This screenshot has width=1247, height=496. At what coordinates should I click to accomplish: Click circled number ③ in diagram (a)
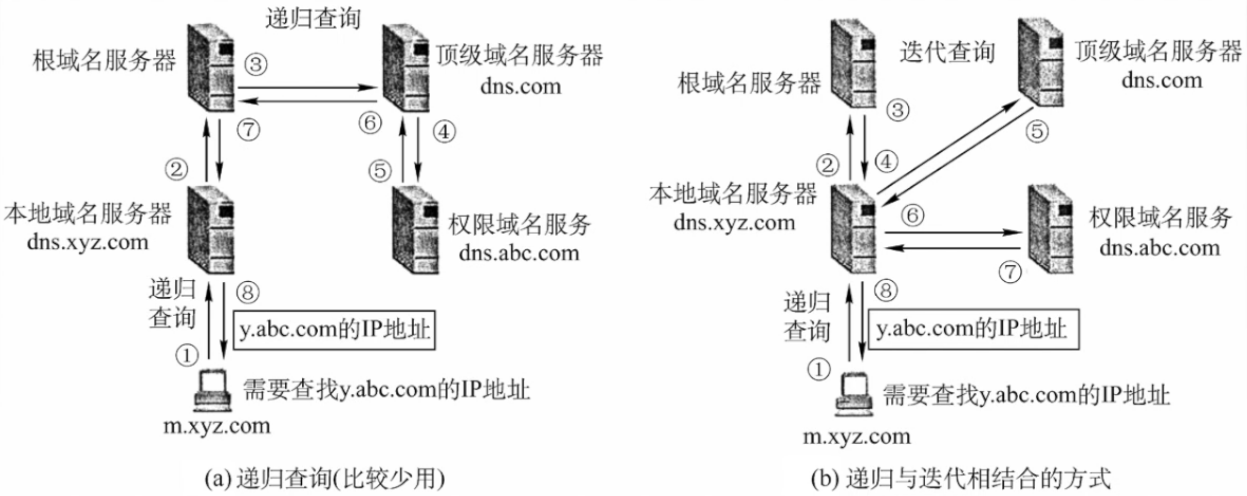click(256, 65)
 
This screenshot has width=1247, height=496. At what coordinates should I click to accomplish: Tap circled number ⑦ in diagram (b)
click(1010, 272)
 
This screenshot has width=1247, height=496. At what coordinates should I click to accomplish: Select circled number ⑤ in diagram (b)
click(1037, 131)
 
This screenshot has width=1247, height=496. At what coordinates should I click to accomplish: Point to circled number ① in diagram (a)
click(187, 356)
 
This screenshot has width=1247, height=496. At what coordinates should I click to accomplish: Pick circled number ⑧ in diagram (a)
click(248, 292)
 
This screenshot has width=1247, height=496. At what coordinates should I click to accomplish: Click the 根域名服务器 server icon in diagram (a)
click(211, 67)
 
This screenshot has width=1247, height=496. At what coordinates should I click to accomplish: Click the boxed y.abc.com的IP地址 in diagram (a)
click(334, 330)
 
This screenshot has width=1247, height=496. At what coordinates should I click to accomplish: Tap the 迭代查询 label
click(947, 52)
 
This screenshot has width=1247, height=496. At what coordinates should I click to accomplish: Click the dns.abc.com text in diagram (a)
click(519, 253)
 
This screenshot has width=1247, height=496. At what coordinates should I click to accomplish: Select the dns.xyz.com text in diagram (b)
click(734, 223)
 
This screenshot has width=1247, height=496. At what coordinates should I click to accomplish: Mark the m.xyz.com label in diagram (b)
click(857, 437)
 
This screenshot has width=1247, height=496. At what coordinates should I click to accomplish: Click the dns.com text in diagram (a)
click(520, 86)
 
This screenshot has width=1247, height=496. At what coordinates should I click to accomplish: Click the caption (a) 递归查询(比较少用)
click(324, 479)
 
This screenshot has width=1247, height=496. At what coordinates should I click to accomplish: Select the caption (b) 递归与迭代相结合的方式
click(961, 479)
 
